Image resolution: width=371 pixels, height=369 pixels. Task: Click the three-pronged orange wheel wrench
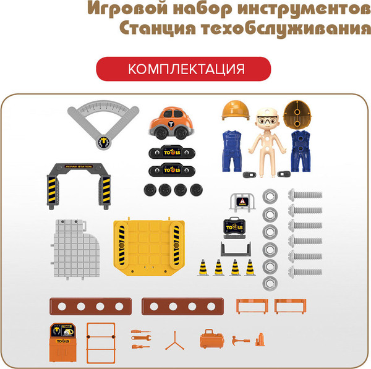pyautogui.click(x=171, y=340)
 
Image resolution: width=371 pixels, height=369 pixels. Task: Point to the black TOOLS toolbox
pyautogui.click(x=236, y=228)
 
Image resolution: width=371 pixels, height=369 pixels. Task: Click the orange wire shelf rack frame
pyautogui.click(x=100, y=344)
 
